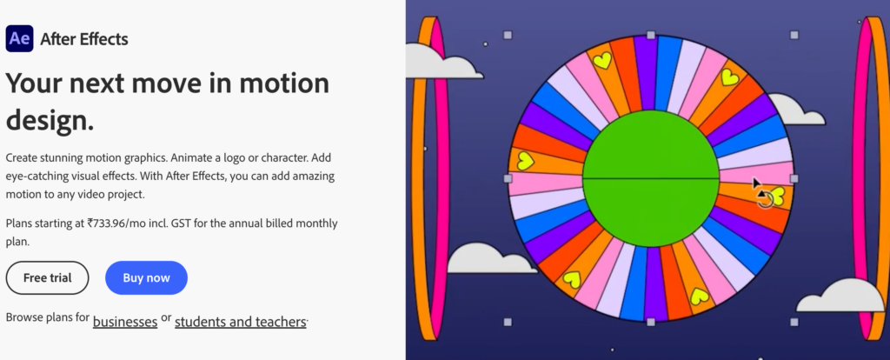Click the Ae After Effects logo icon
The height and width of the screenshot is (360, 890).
click(x=19, y=39)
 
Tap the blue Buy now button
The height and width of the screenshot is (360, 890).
click(x=146, y=277)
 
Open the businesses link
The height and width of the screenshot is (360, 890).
click(x=125, y=322)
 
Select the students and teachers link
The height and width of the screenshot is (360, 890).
click(x=241, y=322)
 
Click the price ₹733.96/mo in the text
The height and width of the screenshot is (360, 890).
click(x=127, y=223)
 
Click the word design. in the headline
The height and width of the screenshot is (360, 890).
click(x=50, y=120)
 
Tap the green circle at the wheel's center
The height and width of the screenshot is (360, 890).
click(x=651, y=177)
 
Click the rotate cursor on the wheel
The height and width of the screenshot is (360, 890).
click(x=763, y=197)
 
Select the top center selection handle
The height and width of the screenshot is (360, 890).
click(x=651, y=35)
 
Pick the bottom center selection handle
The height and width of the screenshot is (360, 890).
click(x=651, y=322)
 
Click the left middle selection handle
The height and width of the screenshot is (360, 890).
click(x=508, y=178)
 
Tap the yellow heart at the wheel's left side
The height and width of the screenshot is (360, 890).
click(x=525, y=161)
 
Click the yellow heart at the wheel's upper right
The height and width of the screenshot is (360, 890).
click(x=729, y=77)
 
